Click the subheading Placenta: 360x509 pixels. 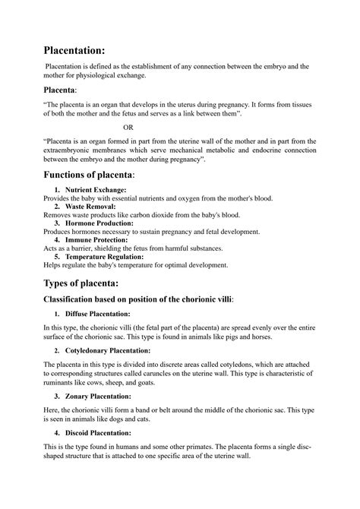click(66, 90)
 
